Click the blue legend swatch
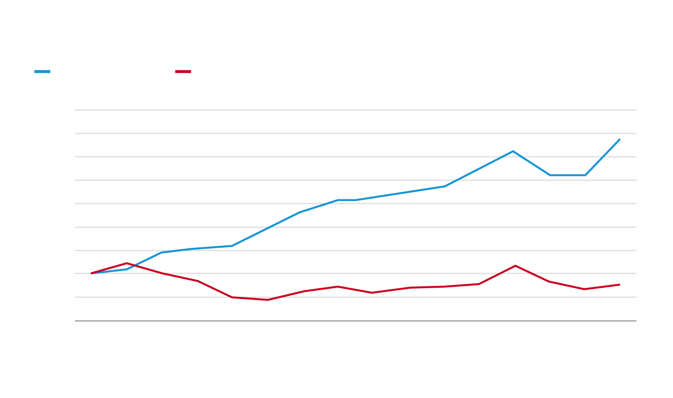coord(42,72)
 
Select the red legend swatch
coord(183,72)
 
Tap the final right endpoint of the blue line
coord(619,139)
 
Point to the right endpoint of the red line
coord(619,284)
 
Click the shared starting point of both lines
coord(92,273)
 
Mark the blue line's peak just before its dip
coord(514,151)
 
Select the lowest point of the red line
coord(267,299)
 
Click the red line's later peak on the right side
coord(515,266)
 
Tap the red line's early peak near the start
coord(127,263)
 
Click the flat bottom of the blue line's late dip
coord(568,175)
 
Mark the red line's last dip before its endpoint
coord(584,289)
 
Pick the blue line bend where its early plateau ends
coord(232,246)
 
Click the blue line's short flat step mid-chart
coord(347,200)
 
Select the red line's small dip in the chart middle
coord(373,293)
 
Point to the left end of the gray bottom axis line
coord(75,321)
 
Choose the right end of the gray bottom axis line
coord(636,321)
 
